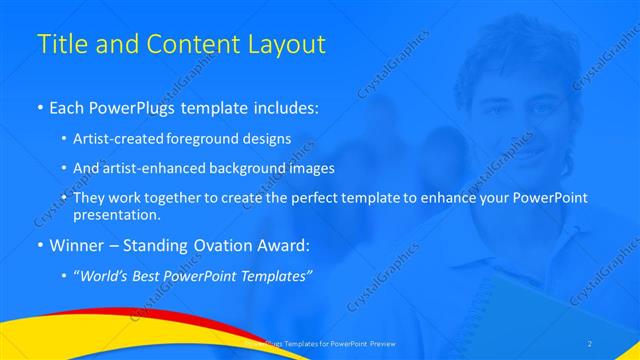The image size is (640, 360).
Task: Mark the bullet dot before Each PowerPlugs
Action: pyautogui.click(x=39, y=107)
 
